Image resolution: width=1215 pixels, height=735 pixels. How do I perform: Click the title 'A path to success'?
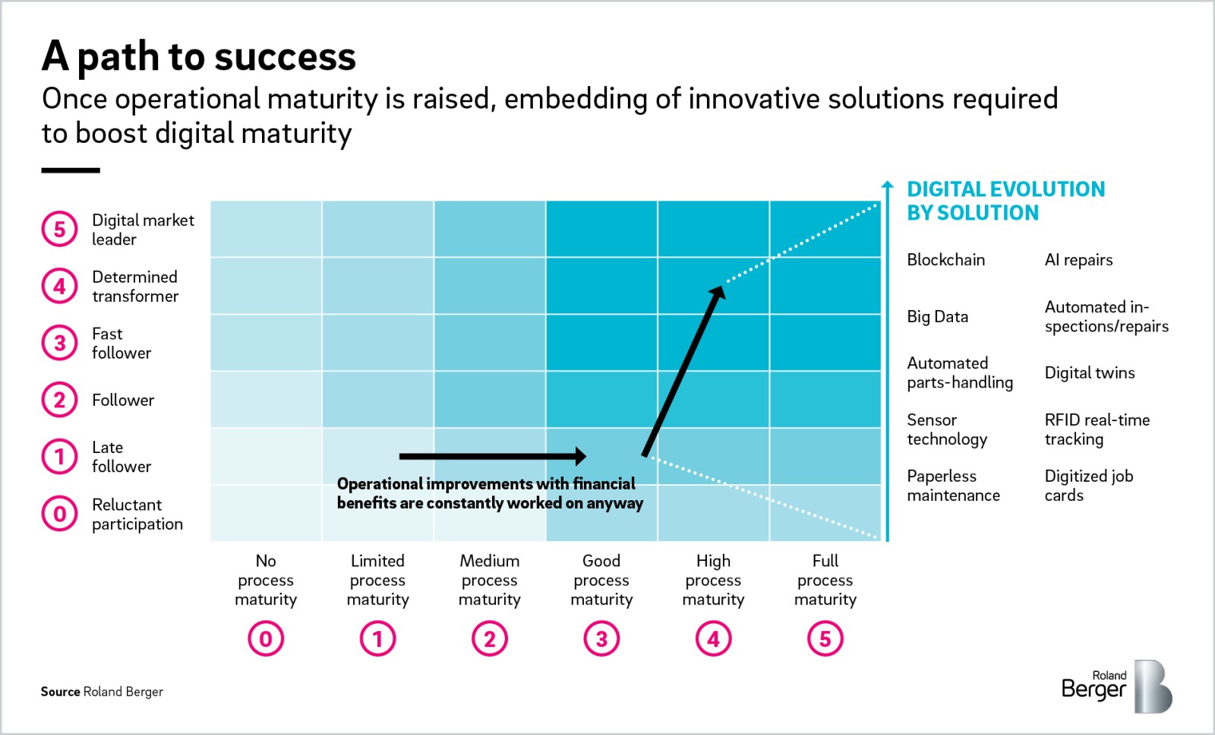click(199, 56)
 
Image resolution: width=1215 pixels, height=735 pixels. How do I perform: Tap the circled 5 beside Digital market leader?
click(59, 230)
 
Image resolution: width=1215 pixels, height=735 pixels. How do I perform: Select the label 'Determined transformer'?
click(135, 287)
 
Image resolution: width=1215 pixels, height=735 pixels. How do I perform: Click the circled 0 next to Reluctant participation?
click(59, 514)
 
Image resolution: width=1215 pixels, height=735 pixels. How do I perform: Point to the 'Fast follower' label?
click(121, 344)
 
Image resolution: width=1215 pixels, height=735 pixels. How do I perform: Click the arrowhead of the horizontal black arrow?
click(580, 456)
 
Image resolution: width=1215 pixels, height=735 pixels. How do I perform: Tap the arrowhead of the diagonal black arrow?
click(716, 293)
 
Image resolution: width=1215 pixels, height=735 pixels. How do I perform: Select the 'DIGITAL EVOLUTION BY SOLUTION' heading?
click(1005, 201)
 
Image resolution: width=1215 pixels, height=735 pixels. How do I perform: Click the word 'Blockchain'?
click(945, 260)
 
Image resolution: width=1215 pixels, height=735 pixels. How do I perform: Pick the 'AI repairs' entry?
click(1078, 260)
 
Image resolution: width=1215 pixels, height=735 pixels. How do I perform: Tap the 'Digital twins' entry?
click(1090, 373)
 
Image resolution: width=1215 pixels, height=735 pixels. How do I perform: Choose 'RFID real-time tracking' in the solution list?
click(1097, 429)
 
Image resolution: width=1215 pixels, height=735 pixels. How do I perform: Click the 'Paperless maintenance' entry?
click(953, 486)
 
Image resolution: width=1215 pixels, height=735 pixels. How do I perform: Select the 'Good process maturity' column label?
click(601, 580)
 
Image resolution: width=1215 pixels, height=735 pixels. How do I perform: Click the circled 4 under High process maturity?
click(713, 639)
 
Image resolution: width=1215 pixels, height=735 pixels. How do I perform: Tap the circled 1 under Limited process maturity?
click(377, 639)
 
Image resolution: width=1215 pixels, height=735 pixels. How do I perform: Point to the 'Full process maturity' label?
click(825, 580)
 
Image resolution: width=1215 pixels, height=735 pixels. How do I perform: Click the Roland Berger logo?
click(1116, 686)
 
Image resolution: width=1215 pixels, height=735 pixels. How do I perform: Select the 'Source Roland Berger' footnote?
click(102, 692)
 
